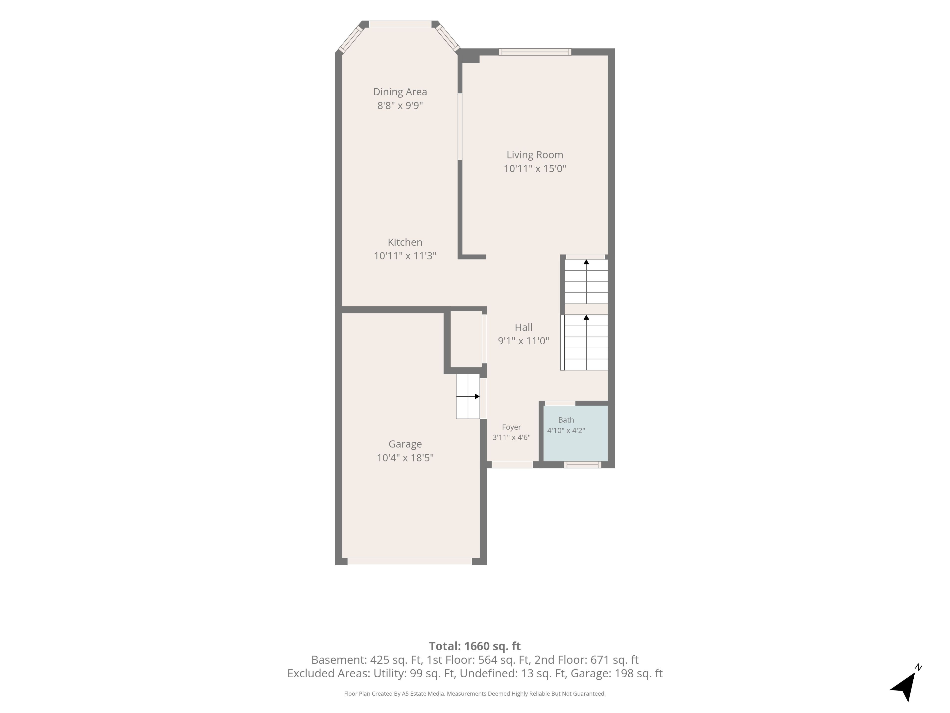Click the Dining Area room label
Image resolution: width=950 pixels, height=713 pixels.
pos(400,92)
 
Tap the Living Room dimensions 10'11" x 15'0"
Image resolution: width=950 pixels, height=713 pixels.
pos(535,169)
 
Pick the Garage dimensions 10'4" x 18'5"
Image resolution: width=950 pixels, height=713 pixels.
pos(405,458)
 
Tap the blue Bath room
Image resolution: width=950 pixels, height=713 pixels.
pos(575,433)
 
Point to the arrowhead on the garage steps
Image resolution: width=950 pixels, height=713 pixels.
pos(477,396)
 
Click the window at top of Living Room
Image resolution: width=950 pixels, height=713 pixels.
pos(535,52)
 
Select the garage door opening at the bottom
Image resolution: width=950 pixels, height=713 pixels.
pos(410,561)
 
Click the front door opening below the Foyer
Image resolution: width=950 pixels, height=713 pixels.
pos(512,465)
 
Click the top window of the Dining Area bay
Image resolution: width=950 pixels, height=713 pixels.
pos(400,24)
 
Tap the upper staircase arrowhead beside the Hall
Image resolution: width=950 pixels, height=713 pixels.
pos(586,262)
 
